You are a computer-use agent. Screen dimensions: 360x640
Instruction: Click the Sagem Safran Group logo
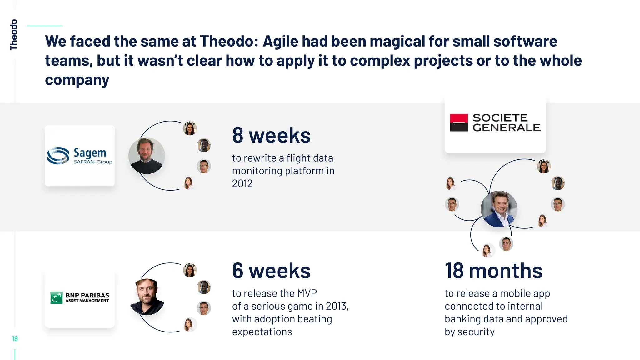coord(80,156)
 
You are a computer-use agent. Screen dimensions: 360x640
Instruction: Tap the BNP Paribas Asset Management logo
coord(80,297)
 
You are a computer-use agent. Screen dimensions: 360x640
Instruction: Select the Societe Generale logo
coord(495,122)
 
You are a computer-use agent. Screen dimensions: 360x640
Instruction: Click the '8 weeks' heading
coord(271,135)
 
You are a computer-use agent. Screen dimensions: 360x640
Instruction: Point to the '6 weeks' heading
coord(271,271)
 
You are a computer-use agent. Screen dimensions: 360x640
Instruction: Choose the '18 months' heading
coord(493,271)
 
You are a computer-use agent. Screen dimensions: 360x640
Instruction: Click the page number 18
coord(15,339)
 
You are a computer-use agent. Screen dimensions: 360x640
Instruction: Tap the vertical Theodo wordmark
coord(13,34)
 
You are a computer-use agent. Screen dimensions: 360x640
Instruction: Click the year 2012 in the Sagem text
coord(242,183)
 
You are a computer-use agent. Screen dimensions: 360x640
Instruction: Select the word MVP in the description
coord(307,293)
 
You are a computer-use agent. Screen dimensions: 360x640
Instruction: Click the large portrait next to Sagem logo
coord(147,156)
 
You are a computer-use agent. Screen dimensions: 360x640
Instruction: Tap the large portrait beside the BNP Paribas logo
coord(147,297)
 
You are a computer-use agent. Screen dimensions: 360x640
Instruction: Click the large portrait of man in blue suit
coord(499,209)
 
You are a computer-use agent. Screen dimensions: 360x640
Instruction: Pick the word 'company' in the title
coord(77,80)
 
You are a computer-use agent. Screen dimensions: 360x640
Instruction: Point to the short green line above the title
coord(45,26)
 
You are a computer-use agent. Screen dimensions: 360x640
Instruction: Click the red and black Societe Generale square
coord(459,122)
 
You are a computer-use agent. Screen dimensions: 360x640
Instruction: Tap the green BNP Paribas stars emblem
coord(57,297)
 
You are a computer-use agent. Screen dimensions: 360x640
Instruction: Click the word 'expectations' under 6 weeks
coord(262,332)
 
